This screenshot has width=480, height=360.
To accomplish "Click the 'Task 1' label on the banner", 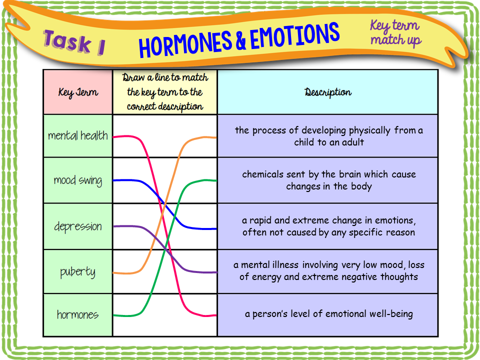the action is [x=74, y=42].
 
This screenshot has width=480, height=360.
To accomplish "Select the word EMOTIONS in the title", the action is [x=294, y=35].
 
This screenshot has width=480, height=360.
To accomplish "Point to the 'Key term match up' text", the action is [x=395, y=32].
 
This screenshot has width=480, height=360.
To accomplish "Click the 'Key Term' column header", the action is [x=78, y=92].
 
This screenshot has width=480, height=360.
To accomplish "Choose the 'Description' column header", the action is [x=327, y=92].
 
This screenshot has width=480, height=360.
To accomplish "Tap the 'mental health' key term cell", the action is [x=78, y=135].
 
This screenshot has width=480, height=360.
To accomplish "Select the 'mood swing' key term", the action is [x=78, y=180].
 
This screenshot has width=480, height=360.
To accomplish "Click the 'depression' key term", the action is [x=78, y=226].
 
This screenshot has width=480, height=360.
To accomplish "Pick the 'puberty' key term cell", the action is [x=78, y=272].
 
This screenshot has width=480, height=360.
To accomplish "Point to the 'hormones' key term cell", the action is [x=78, y=315].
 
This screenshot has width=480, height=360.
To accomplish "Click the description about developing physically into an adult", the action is [x=328, y=136].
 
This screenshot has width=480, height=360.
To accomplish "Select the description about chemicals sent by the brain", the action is [x=328, y=180].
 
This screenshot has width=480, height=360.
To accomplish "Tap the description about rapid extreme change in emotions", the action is [x=328, y=226].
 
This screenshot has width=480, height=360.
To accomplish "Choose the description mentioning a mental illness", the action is [x=328, y=271].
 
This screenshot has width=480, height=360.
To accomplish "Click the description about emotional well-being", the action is [x=328, y=314].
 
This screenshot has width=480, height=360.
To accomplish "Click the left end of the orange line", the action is [x=114, y=273].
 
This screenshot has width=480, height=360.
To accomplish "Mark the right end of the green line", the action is [x=215, y=180].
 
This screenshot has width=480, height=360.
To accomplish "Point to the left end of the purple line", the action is [x=114, y=226].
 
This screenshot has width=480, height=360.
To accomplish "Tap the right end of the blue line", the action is [x=215, y=228].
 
